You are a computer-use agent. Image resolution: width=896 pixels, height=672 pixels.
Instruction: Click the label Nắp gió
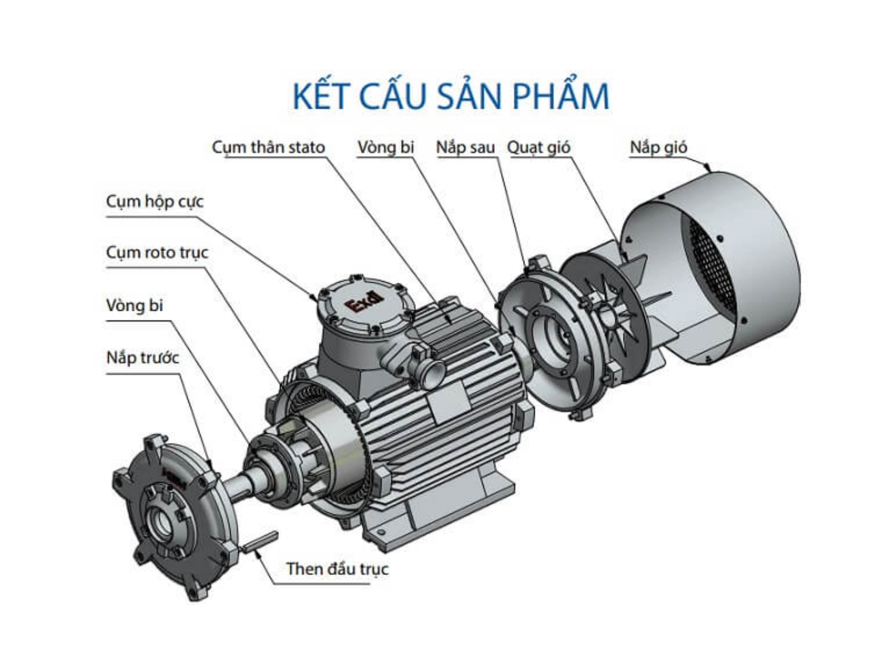point(658,147)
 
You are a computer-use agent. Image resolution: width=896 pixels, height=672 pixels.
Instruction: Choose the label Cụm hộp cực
point(154,201)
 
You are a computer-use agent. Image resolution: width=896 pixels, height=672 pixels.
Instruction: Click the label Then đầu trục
point(337,569)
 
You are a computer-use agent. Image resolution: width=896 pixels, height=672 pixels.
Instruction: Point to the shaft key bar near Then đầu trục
point(260,541)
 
